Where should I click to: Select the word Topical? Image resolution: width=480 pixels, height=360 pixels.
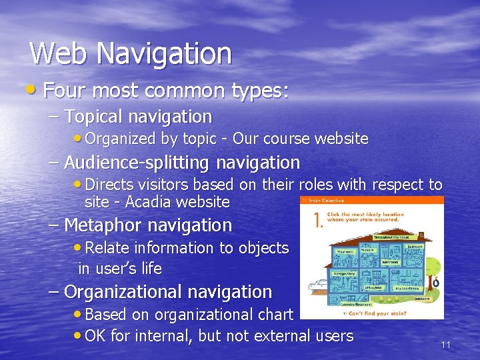[x=94, y=117]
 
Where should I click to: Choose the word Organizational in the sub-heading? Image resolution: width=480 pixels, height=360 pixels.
[x=123, y=292]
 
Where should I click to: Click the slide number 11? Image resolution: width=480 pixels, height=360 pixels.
[x=446, y=345]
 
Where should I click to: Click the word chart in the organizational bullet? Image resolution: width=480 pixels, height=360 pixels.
[x=273, y=315]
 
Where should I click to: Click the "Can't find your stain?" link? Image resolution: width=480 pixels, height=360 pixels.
[x=373, y=312]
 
